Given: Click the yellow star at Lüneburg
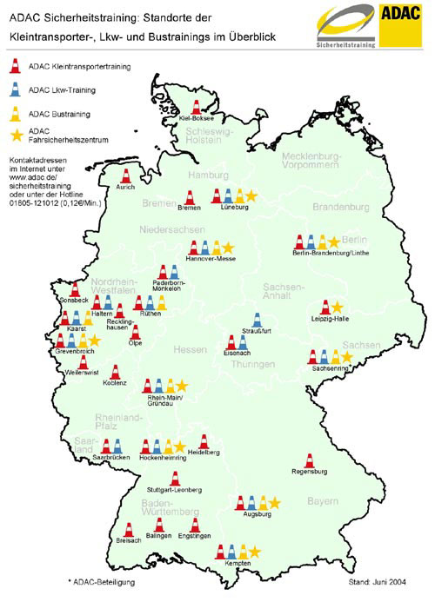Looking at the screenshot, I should click(x=251, y=196).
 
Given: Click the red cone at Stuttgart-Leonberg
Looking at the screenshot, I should click(x=174, y=479).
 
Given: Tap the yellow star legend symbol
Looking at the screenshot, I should click(x=15, y=133).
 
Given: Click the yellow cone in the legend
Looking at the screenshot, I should click(x=15, y=110).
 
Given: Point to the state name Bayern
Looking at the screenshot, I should click(x=322, y=502).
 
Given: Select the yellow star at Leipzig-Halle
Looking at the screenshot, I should click(x=337, y=308).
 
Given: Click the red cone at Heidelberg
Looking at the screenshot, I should click(x=203, y=442).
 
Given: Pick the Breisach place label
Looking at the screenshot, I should click(x=128, y=540).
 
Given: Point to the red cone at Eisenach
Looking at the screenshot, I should click(x=231, y=342).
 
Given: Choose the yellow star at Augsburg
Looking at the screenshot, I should click(x=275, y=502).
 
